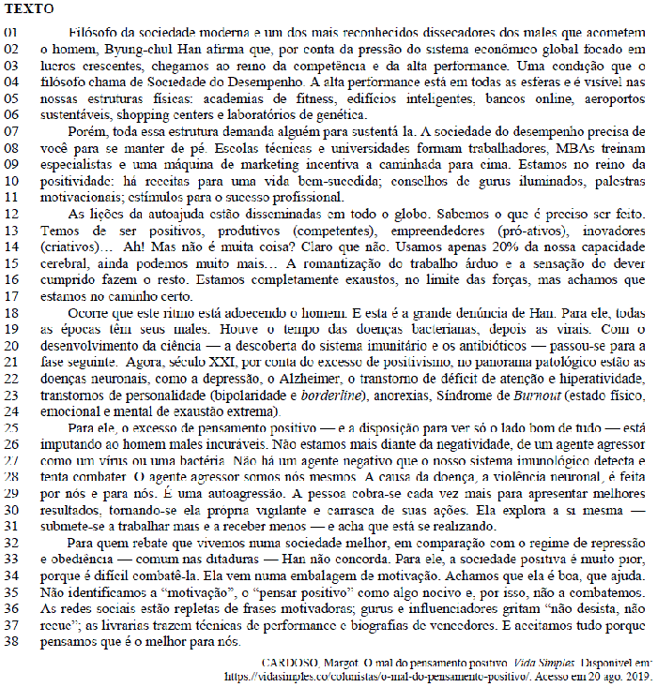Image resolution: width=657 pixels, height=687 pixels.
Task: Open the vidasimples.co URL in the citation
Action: click(x=393, y=675)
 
